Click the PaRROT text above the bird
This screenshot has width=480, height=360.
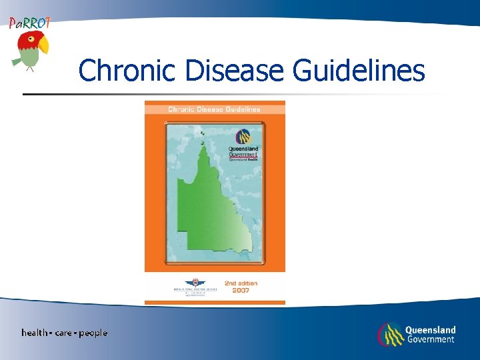tap(29, 23)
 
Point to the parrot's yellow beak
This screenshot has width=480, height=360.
tap(43, 45)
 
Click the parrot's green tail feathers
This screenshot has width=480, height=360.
tap(17, 62)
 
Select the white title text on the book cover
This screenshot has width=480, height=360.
tap(214, 109)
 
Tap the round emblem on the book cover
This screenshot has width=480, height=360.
tap(244, 138)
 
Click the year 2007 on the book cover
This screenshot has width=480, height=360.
tap(241, 291)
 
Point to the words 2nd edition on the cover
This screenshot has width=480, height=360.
tap(241, 283)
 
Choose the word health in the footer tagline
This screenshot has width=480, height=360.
tap(34, 333)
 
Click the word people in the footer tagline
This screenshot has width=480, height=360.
tap(93, 333)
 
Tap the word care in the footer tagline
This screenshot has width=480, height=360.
tap(64, 333)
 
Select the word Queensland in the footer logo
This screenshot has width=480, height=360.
tap(431, 330)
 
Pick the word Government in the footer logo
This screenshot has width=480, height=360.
tap(430, 339)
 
